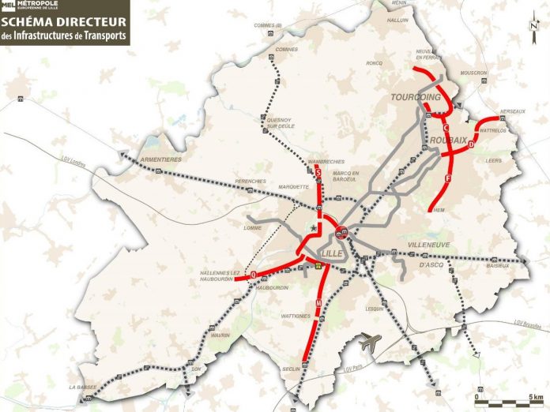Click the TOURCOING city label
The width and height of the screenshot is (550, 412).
415,97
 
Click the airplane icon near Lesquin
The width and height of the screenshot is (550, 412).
368,343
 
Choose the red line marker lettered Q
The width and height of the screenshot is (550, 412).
254,275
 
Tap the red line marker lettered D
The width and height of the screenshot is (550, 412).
471,145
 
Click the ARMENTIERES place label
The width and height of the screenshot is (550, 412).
160,159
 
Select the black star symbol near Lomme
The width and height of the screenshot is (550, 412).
314,227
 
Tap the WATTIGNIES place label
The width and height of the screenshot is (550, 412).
296,316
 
